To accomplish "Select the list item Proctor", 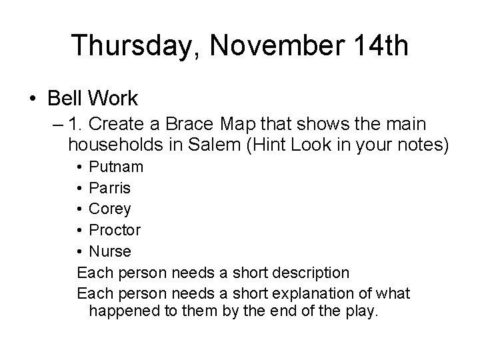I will pos(115,231).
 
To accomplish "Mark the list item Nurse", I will pos(110,252).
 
